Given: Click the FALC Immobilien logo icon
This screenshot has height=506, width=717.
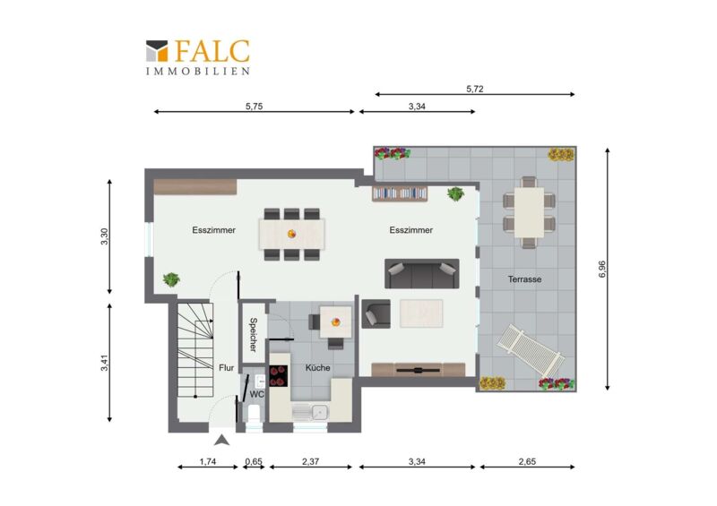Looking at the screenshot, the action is click(x=157, y=51).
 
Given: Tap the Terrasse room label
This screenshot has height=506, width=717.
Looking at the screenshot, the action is click(x=524, y=279).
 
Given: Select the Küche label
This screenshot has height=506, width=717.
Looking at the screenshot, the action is click(x=318, y=367).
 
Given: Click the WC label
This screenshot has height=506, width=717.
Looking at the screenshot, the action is click(x=257, y=393).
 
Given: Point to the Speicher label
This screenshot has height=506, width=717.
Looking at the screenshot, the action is click(x=253, y=335).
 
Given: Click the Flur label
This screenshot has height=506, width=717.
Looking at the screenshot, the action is click(x=227, y=367).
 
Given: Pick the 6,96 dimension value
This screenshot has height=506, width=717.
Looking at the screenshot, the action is click(x=601, y=269).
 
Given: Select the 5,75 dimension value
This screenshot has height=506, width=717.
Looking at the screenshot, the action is click(x=255, y=106).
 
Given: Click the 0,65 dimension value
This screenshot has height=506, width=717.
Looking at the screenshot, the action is click(x=254, y=461).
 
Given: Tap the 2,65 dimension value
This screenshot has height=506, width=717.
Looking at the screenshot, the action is click(x=527, y=461).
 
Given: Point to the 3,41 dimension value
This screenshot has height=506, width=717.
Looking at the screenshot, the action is click(x=105, y=362).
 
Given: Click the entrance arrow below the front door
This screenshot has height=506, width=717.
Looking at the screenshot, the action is click(x=221, y=441).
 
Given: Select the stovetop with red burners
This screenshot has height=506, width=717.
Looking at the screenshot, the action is click(x=279, y=376).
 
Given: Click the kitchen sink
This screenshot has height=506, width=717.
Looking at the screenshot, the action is click(x=310, y=412).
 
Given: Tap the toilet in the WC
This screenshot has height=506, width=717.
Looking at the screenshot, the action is click(x=255, y=414).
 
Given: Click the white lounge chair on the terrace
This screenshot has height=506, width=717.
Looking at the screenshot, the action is click(x=531, y=349).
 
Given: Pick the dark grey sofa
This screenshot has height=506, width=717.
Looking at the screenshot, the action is click(x=421, y=274).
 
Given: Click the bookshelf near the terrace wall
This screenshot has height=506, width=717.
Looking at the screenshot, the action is click(x=400, y=193).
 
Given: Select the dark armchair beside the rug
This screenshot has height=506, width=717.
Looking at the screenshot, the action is click(x=376, y=313).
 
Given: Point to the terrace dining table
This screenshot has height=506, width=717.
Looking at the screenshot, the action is click(x=529, y=212).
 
